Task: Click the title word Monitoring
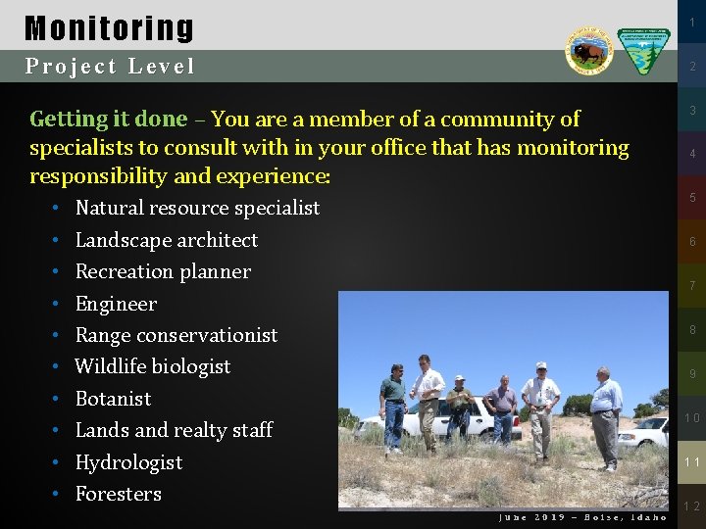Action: point(109,27)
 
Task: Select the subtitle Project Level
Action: point(110,67)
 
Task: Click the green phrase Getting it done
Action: point(108,120)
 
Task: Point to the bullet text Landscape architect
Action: point(166,240)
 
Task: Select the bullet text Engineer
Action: point(116,304)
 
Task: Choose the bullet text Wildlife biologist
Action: point(152,366)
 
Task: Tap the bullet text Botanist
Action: point(113,399)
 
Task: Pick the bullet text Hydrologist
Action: point(128,462)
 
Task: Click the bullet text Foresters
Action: point(118,494)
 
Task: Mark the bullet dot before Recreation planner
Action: point(59,272)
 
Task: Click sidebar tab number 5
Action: point(692,198)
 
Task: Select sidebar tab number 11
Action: point(692,461)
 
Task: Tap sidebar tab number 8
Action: point(692,330)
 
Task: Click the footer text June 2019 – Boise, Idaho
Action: point(582,517)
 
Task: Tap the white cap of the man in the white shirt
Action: point(540,365)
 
